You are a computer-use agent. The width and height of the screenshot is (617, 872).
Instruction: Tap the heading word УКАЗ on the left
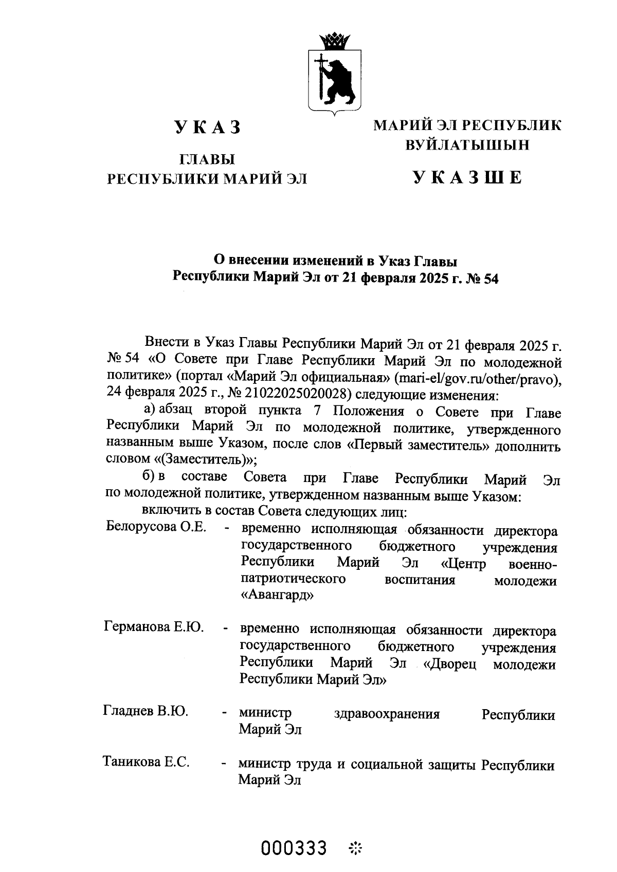[207, 127]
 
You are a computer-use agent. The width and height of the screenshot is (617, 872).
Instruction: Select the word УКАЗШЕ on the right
[467, 177]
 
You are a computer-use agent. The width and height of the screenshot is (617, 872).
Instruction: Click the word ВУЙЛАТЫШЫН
[467, 145]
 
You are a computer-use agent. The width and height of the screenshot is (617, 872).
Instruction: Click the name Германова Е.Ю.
[154, 627]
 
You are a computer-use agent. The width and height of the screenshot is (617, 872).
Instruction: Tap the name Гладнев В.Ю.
[146, 712]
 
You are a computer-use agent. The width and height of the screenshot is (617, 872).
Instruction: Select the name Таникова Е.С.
[147, 762]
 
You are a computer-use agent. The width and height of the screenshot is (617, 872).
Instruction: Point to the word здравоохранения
[387, 714]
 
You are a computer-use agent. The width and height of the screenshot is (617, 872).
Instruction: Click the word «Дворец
[449, 664]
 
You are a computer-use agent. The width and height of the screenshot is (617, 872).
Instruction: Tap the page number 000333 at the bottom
[294, 847]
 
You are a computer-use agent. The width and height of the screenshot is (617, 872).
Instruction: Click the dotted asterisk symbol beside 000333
[355, 848]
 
